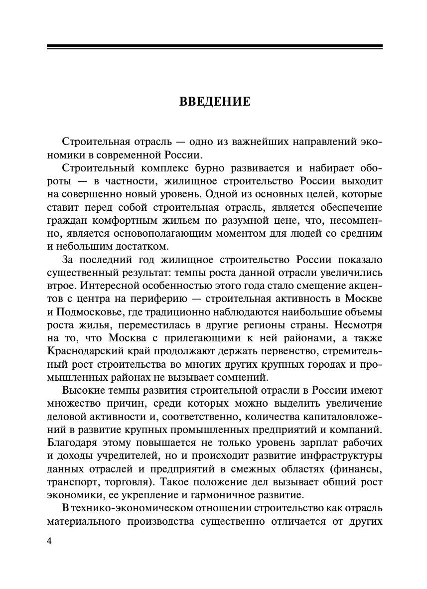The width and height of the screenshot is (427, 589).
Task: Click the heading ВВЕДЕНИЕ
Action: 215,102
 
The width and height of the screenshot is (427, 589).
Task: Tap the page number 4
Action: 49,542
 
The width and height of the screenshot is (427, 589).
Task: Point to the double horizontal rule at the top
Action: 215,47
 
